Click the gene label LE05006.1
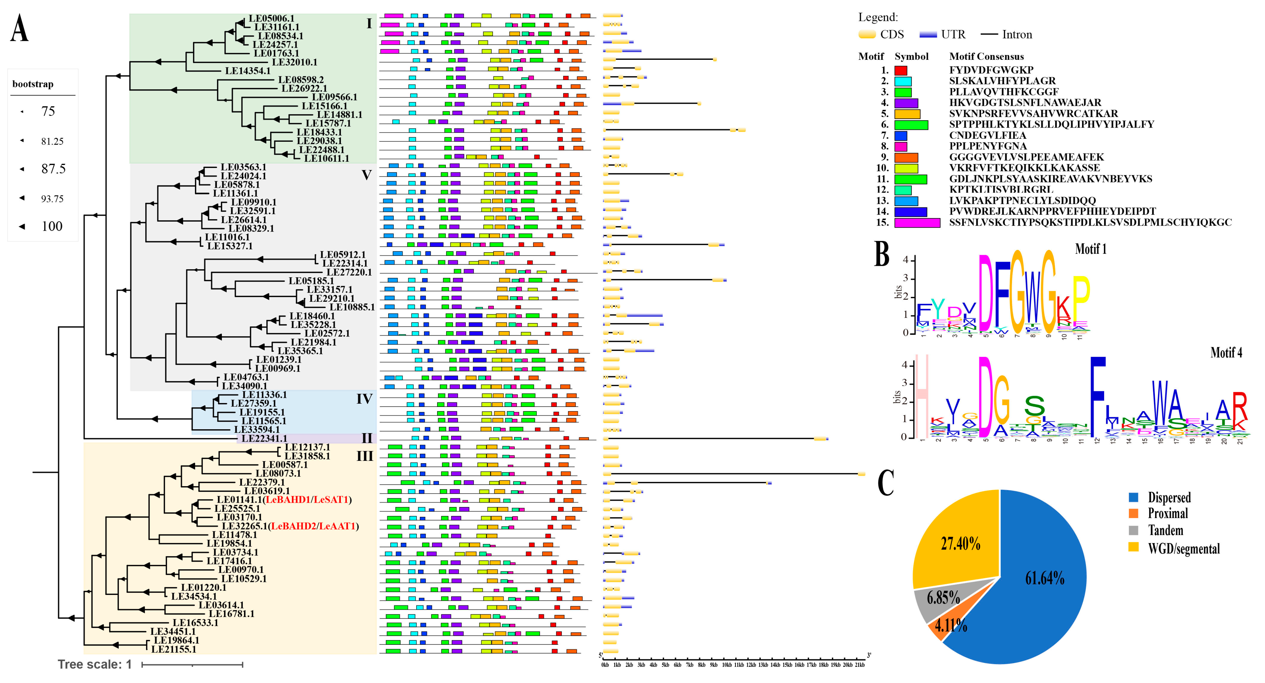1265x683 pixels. click(271, 19)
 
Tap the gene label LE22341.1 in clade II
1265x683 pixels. click(264, 438)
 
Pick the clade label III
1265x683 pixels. click(364, 456)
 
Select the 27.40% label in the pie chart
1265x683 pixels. click(960, 544)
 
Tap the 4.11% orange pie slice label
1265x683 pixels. click(951, 625)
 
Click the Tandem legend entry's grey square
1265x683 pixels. click(1133, 530)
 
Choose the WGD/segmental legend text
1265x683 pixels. click(1183, 548)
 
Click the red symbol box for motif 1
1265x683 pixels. click(901, 70)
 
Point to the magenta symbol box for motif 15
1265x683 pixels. click(917, 222)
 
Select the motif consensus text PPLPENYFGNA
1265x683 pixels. click(987, 146)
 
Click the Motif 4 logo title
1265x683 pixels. click(1226, 352)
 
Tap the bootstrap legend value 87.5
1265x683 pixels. click(53, 169)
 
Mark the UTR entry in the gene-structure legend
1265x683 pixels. click(953, 34)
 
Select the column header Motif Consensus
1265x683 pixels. click(986, 57)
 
